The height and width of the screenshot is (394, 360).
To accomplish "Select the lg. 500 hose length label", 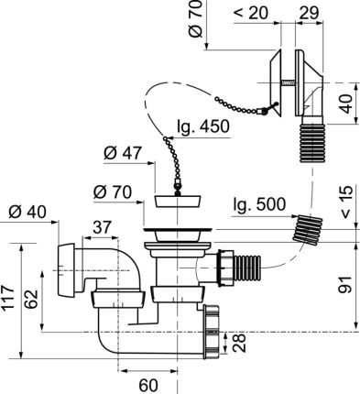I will click(258, 202).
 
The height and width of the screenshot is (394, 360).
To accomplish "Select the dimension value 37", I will click(103, 224).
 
